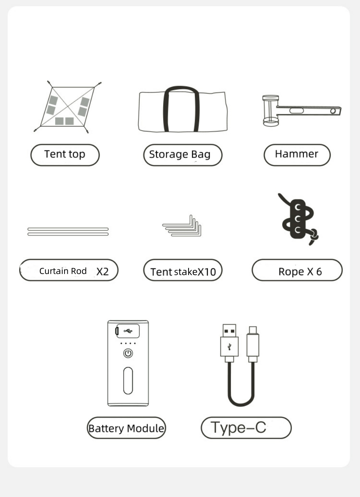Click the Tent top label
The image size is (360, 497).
[65, 154]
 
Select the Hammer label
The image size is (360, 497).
[297, 154]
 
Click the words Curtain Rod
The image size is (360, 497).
[63, 271]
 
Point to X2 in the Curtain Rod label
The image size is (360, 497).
[103, 271]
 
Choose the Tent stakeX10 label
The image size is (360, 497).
[183, 272]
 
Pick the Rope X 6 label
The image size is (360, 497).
[300, 272]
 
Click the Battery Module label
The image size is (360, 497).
[126, 429]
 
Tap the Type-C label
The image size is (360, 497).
[238, 427]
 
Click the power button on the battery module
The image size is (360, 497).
[128, 353]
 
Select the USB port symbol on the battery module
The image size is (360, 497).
[128, 331]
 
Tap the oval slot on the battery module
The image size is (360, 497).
[128, 380]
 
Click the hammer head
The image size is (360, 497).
[270, 111]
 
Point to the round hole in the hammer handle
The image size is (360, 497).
[333, 111]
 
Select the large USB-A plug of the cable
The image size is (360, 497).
[229, 343]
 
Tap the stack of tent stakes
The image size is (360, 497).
[182, 226]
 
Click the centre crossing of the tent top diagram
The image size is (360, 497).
[68, 107]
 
